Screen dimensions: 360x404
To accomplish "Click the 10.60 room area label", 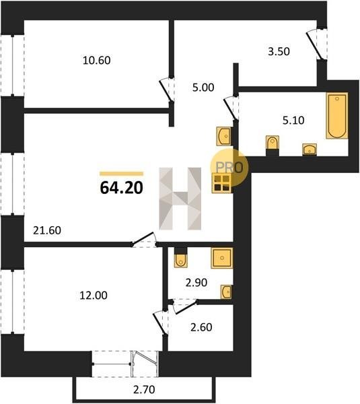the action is (97, 61).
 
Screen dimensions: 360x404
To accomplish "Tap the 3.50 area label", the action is (279, 51).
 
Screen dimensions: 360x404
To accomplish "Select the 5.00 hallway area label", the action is (203, 88).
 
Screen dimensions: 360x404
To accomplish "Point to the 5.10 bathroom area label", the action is (293, 121).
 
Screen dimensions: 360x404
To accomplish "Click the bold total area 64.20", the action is (121, 188).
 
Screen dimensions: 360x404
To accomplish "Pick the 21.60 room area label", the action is (47, 230).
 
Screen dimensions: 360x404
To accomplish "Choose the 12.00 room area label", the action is (94, 296).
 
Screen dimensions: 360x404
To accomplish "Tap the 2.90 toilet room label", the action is (196, 283).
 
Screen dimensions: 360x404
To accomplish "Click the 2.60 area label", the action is (201, 327).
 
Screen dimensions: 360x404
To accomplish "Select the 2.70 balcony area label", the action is (144, 390).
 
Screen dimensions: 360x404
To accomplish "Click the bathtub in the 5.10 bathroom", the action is (337, 116).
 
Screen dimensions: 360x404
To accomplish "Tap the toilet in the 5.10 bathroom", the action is (273, 143).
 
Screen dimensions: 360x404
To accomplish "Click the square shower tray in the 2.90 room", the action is (221, 258).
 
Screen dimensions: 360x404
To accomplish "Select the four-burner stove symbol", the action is (221, 183).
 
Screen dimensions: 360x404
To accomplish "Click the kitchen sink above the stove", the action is (223, 136).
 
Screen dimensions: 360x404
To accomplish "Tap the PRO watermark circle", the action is (229, 168).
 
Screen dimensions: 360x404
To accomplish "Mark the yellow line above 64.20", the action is (121, 174).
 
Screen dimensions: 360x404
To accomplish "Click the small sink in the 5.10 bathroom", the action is (310, 149).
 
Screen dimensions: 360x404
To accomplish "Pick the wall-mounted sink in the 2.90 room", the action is (226, 292).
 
